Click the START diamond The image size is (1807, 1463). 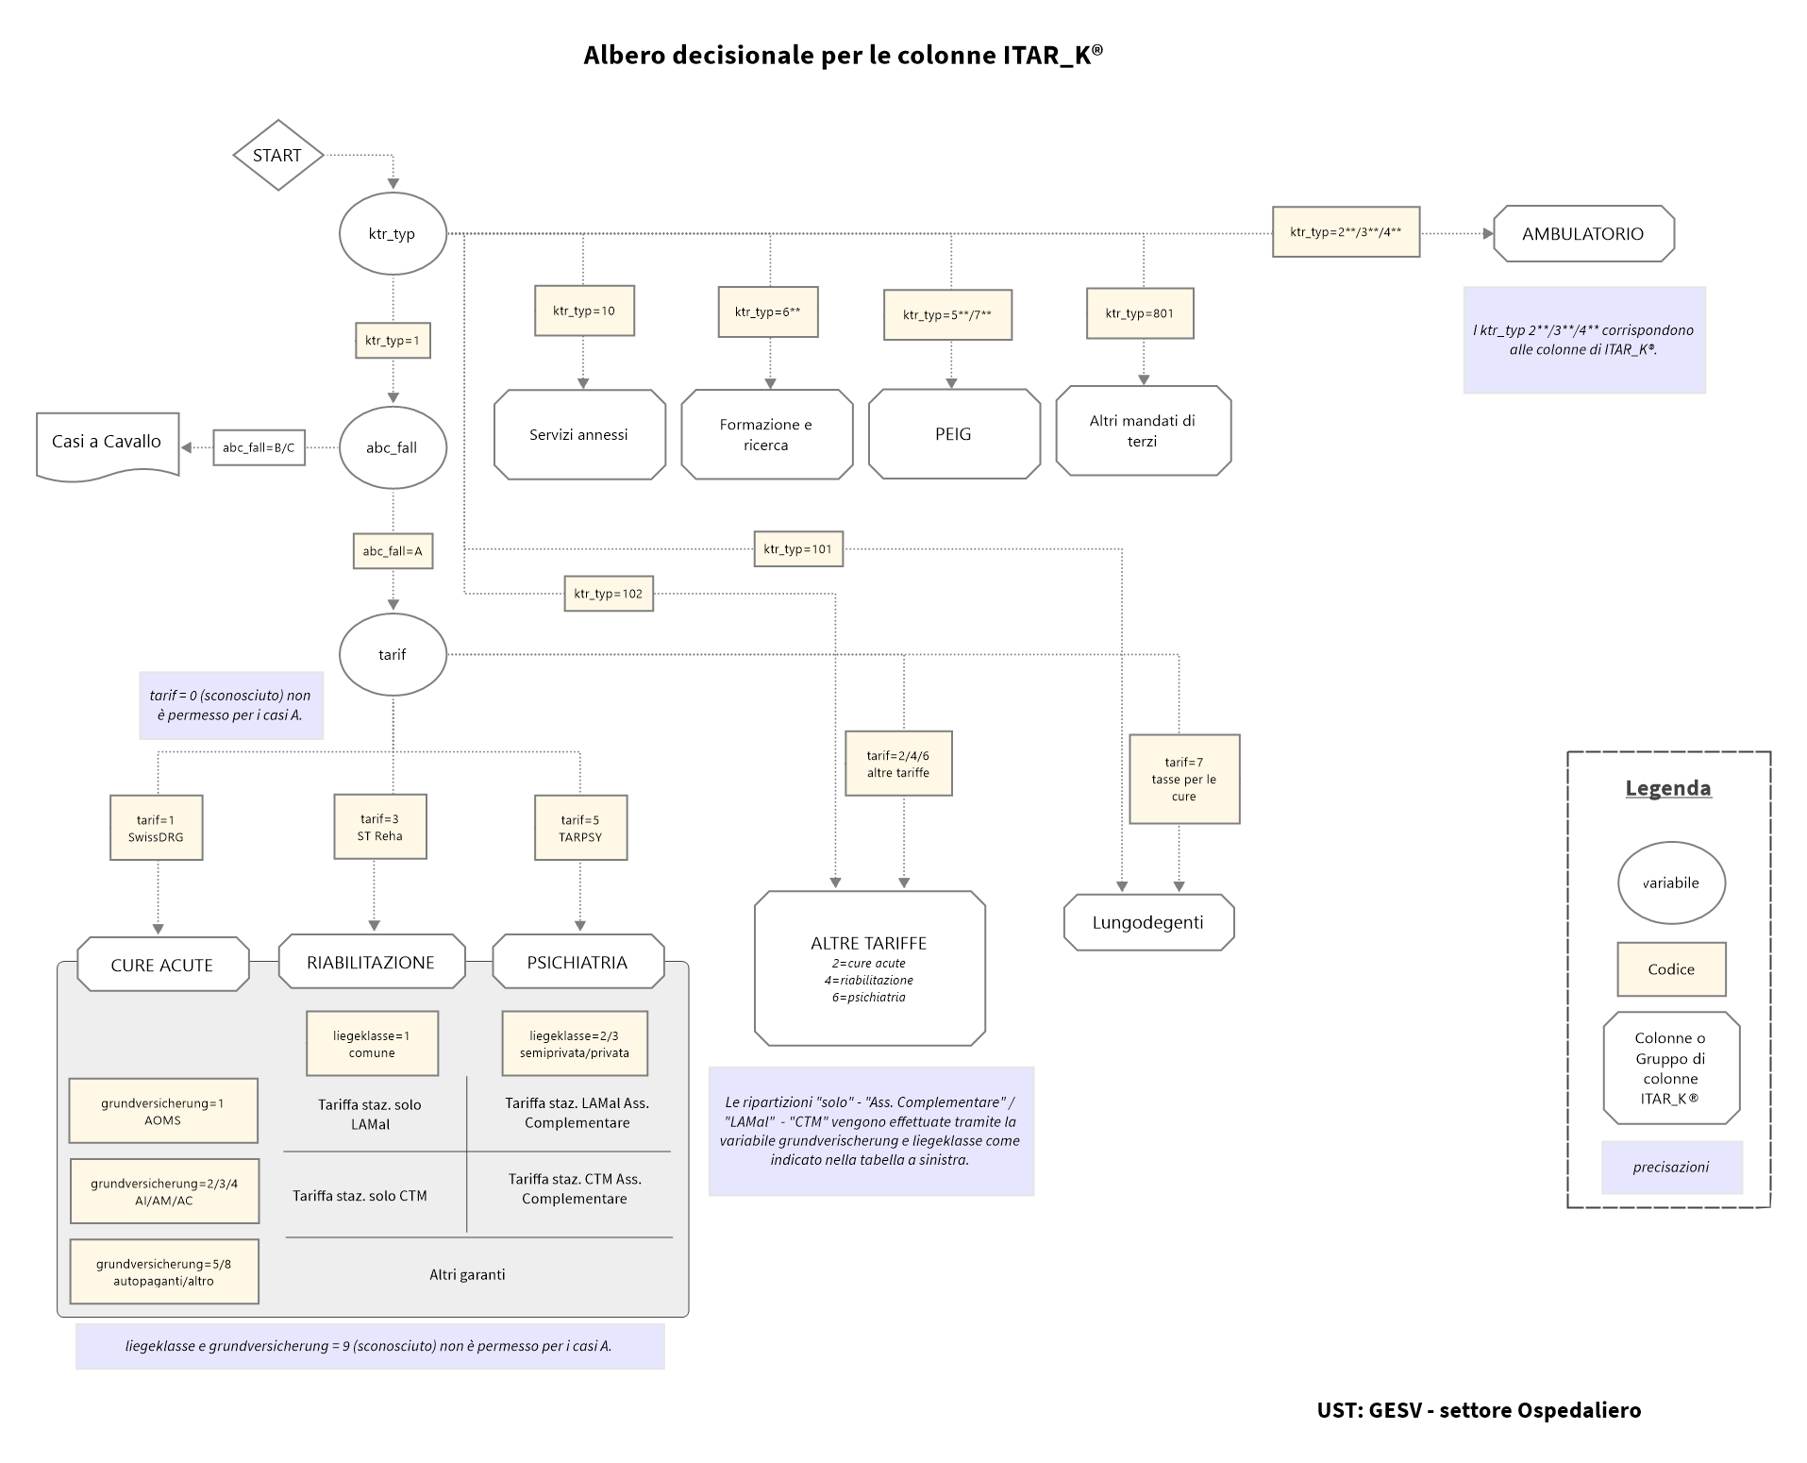tap(277, 155)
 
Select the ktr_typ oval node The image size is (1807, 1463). tap(392, 234)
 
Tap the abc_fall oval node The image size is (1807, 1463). tap(392, 447)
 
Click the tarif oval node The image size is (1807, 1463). tap(392, 654)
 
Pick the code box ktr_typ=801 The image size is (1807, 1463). tap(1140, 313)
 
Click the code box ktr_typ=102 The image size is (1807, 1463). tap(609, 594)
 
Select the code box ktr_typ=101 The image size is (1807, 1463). tap(798, 548)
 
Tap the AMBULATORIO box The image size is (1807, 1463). tap(1582, 234)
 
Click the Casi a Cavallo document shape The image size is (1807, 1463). tap(107, 444)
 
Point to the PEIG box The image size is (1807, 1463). tap(953, 434)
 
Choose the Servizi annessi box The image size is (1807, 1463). tap(578, 435)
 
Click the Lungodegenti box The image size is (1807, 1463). tap(1147, 922)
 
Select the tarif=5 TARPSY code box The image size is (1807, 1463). tap(580, 828)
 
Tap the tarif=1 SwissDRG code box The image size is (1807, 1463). tap(156, 828)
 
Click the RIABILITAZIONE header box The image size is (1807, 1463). tap(371, 963)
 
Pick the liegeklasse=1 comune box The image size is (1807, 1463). tap(372, 1044)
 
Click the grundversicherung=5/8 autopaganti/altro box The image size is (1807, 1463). tap(164, 1272)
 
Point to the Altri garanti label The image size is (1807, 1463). tap(467, 1274)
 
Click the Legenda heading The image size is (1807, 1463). tap(1667, 788)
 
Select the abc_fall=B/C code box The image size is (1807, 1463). tap(259, 447)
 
